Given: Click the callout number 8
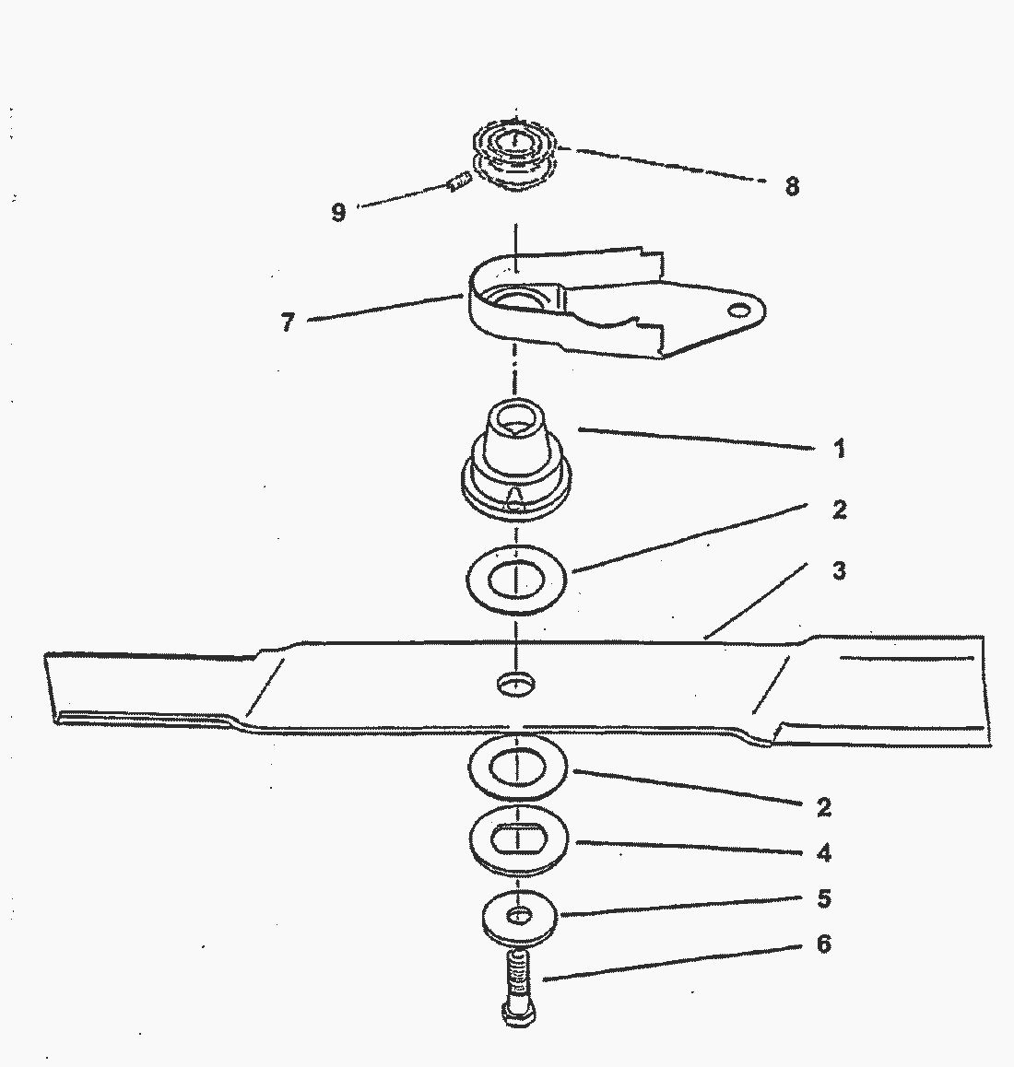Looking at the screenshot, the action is (791, 186).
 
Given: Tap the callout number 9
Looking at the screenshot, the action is (338, 212).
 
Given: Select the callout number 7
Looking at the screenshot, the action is (288, 322).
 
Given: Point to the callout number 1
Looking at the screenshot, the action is (839, 449).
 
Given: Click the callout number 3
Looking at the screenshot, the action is (839, 570).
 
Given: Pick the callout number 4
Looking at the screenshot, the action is (824, 852).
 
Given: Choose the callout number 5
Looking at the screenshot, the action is (824, 898).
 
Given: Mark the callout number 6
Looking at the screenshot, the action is (824, 944).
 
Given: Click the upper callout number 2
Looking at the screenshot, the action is (839, 509).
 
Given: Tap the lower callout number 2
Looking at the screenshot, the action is (824, 808).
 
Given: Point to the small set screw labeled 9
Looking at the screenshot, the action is (460, 182).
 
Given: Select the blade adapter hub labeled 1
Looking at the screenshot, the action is (515, 461).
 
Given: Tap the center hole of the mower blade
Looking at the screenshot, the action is (515, 683).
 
